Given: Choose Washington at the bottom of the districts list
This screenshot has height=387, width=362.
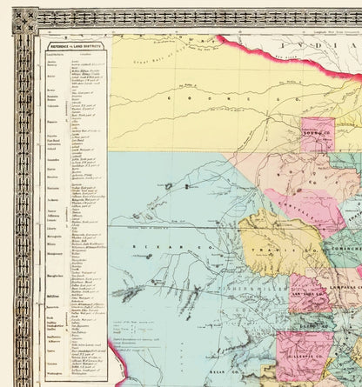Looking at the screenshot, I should (54, 371).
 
